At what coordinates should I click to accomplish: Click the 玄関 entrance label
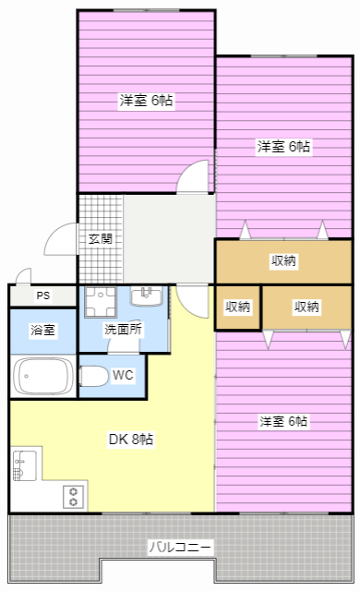point(101,238)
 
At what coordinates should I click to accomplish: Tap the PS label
point(43,295)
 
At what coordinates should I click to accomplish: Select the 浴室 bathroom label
point(43,331)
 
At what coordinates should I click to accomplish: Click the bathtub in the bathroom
point(43,376)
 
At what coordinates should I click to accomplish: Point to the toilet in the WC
point(94,376)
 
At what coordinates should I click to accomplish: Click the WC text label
point(123,375)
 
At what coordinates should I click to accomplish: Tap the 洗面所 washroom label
point(123,330)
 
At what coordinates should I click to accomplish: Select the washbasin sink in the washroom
point(147,295)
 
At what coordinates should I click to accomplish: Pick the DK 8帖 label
point(131,440)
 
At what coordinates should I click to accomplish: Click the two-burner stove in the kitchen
point(74,497)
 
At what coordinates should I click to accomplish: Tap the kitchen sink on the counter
point(25,465)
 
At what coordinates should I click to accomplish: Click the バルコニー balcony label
point(180,547)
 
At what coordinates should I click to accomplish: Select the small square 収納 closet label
point(237,307)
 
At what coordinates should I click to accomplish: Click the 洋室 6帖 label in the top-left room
point(146,101)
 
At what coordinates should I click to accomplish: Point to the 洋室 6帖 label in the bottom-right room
point(283,421)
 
